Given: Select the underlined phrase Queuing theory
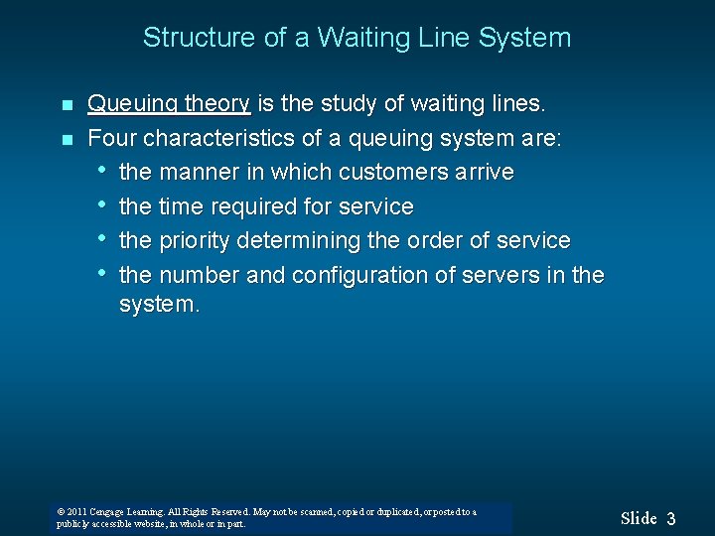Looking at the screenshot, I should (x=169, y=104).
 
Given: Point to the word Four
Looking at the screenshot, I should (x=110, y=137).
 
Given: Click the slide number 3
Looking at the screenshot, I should (x=671, y=518).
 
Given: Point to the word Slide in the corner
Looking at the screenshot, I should (x=639, y=518).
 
